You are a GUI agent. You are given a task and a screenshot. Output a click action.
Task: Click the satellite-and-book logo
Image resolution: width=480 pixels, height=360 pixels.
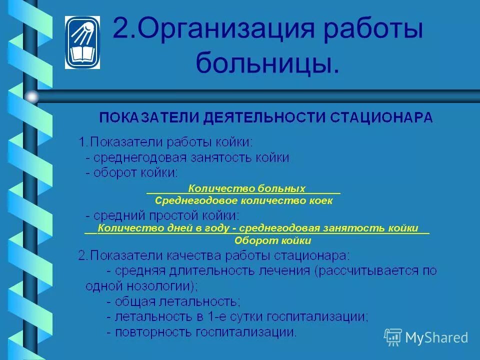tap(82, 42)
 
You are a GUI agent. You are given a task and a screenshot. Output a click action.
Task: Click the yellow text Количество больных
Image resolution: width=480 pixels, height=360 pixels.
tap(246, 189)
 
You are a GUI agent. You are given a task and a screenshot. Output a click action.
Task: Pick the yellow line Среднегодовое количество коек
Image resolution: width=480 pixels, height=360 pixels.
tap(243, 200)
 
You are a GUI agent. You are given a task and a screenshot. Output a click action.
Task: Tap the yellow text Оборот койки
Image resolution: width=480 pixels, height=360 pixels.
tap(273, 240)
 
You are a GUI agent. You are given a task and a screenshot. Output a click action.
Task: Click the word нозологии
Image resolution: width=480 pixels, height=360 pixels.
tap(159, 286)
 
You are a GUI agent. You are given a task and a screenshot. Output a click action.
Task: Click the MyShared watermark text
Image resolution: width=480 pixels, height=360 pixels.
tap(436, 337)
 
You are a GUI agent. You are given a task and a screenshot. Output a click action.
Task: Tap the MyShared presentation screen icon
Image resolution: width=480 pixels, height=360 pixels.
tap(393, 337)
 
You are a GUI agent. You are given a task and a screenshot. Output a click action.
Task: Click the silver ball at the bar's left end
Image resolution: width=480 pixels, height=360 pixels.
tap(32, 96)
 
